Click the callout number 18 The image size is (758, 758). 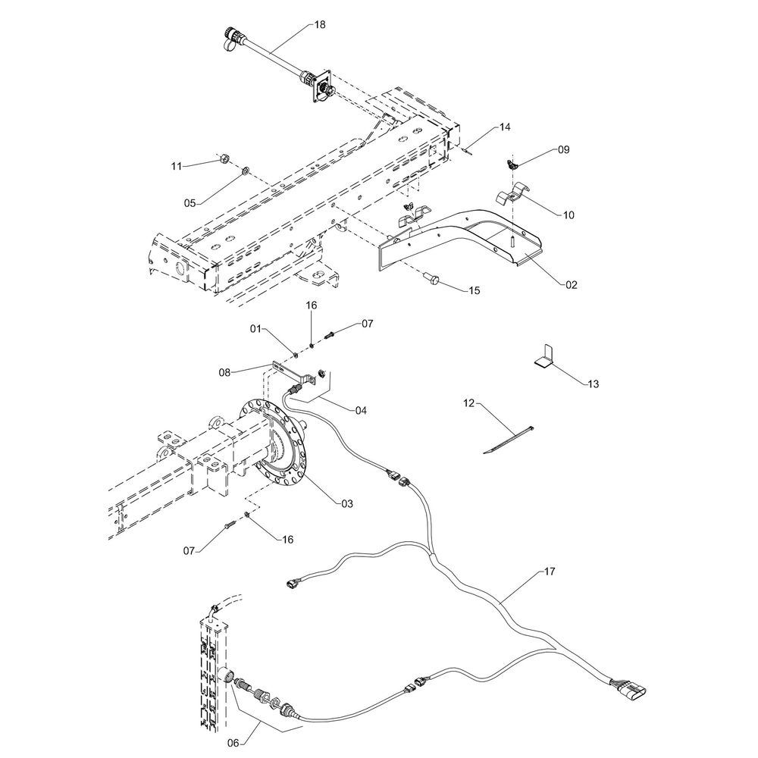pos(320,25)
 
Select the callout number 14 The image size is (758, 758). pos(506,128)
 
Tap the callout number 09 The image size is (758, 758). pos(563,150)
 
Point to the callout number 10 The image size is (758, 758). pos(568,215)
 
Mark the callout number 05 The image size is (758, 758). pos(190,202)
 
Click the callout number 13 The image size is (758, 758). pos(593,384)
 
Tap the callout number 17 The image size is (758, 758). pos(549,572)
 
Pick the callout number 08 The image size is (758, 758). pos(224,372)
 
